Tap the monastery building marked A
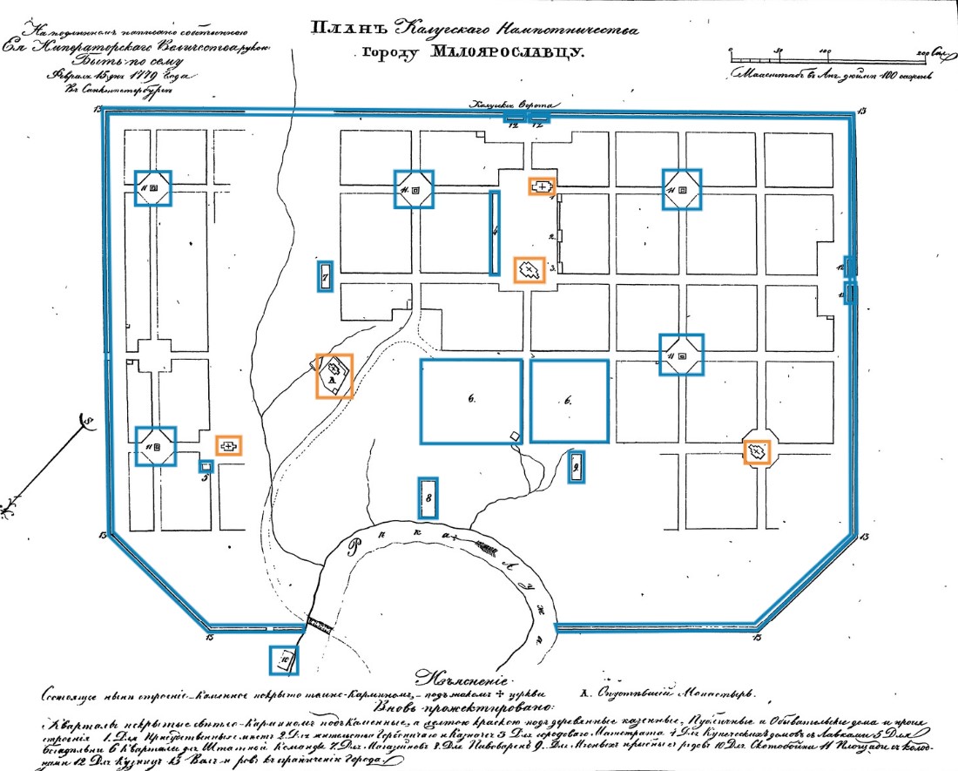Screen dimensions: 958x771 [334, 375]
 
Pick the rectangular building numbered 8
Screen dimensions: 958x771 [428, 497]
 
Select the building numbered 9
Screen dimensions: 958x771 [575, 467]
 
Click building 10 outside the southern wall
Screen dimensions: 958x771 [284, 659]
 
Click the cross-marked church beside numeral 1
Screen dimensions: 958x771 [543, 186]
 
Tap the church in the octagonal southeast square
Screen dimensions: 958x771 [757, 451]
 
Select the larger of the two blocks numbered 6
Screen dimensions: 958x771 [470, 400]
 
